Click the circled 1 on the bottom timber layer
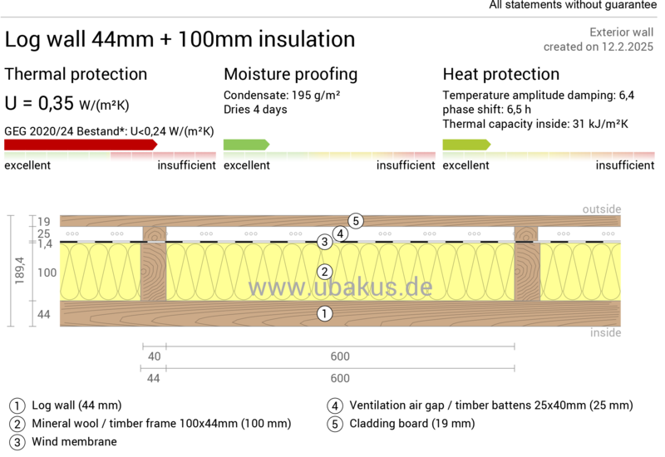(x=325, y=313)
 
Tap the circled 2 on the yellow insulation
(x=325, y=272)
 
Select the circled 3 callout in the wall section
(x=325, y=242)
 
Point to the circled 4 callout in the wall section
(x=340, y=233)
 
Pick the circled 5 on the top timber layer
(x=356, y=220)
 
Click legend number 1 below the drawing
(x=17, y=406)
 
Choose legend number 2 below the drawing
(x=17, y=424)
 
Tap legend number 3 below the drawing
(x=17, y=442)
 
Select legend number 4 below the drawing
(x=335, y=406)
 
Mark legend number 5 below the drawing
(x=335, y=424)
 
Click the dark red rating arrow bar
(x=80, y=145)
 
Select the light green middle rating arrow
(x=246, y=145)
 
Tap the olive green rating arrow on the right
(x=466, y=145)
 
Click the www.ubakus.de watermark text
(x=340, y=287)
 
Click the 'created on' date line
(x=598, y=47)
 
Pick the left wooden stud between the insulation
(x=153, y=271)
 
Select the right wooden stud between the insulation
(x=527, y=271)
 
